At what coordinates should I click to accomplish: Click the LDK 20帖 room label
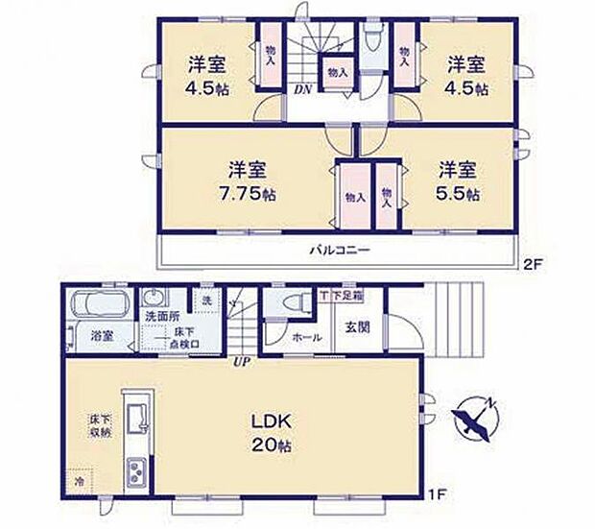click(x=272, y=434)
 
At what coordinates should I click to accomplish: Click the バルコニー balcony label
click(x=339, y=251)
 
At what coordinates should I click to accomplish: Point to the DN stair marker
click(x=300, y=89)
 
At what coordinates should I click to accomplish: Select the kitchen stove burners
click(x=135, y=472)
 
